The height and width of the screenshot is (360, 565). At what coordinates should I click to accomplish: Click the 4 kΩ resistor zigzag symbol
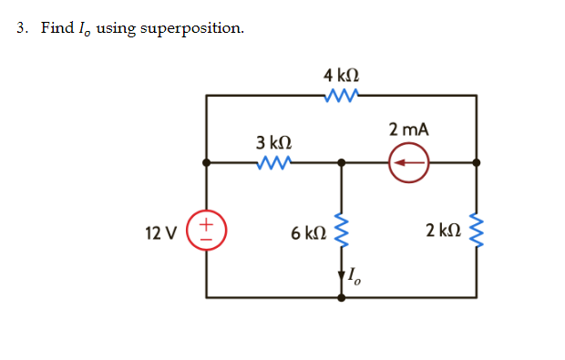(341, 94)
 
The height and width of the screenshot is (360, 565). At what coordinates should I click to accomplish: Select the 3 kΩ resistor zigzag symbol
(273, 163)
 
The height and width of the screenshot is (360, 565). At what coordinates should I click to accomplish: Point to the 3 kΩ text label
(273, 142)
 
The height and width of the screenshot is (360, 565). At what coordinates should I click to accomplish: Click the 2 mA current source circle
(408, 163)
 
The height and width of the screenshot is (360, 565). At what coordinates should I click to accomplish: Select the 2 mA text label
(408, 129)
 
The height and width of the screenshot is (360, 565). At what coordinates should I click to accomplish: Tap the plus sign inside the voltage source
(207, 223)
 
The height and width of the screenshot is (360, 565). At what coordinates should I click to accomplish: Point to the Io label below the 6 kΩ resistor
(354, 275)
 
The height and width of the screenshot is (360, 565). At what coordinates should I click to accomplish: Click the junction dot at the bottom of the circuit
(342, 297)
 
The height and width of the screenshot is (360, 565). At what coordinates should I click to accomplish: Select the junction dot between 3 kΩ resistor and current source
(342, 163)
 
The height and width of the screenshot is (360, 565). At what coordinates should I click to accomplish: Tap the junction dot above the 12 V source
(207, 163)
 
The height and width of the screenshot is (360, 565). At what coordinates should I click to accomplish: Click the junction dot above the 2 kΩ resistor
(476, 163)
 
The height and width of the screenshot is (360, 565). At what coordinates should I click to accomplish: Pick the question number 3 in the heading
(21, 27)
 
